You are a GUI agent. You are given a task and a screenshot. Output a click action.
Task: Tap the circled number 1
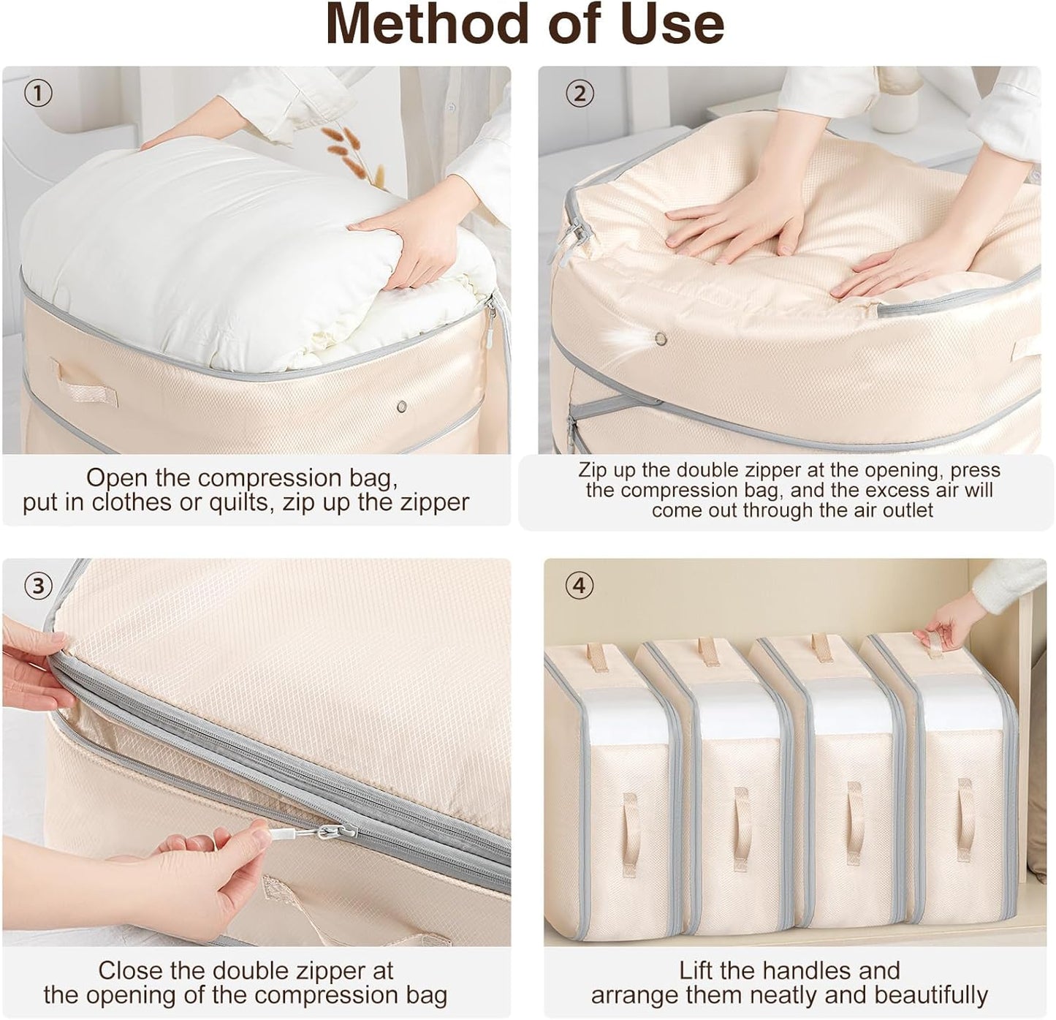click(x=38, y=93)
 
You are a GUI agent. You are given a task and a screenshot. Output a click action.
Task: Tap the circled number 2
click(x=580, y=93)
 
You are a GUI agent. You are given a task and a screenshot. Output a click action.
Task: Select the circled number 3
click(x=38, y=585)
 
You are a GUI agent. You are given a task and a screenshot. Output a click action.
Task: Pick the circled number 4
click(x=580, y=585)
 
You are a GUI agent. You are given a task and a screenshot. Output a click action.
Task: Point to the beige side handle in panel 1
click(x=83, y=381)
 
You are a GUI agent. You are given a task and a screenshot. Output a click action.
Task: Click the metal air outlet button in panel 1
click(x=400, y=405)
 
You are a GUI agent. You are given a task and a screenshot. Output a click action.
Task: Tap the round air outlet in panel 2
click(x=661, y=339)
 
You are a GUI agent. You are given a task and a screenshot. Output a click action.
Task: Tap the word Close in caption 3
click(x=130, y=971)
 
